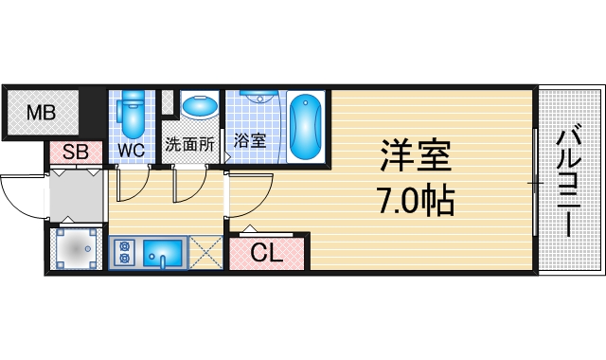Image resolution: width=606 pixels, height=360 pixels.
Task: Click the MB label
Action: point(41,114)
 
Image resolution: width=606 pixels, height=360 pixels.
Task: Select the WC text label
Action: point(131,150)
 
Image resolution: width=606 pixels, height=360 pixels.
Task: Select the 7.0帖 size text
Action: point(415,199)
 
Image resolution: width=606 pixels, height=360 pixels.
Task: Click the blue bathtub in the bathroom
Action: point(307,126)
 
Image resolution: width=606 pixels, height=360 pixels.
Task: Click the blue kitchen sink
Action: point(167,253)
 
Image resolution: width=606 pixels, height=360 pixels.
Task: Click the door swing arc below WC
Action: point(135,187)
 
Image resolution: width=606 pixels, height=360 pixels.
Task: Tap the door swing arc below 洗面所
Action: point(189,187)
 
